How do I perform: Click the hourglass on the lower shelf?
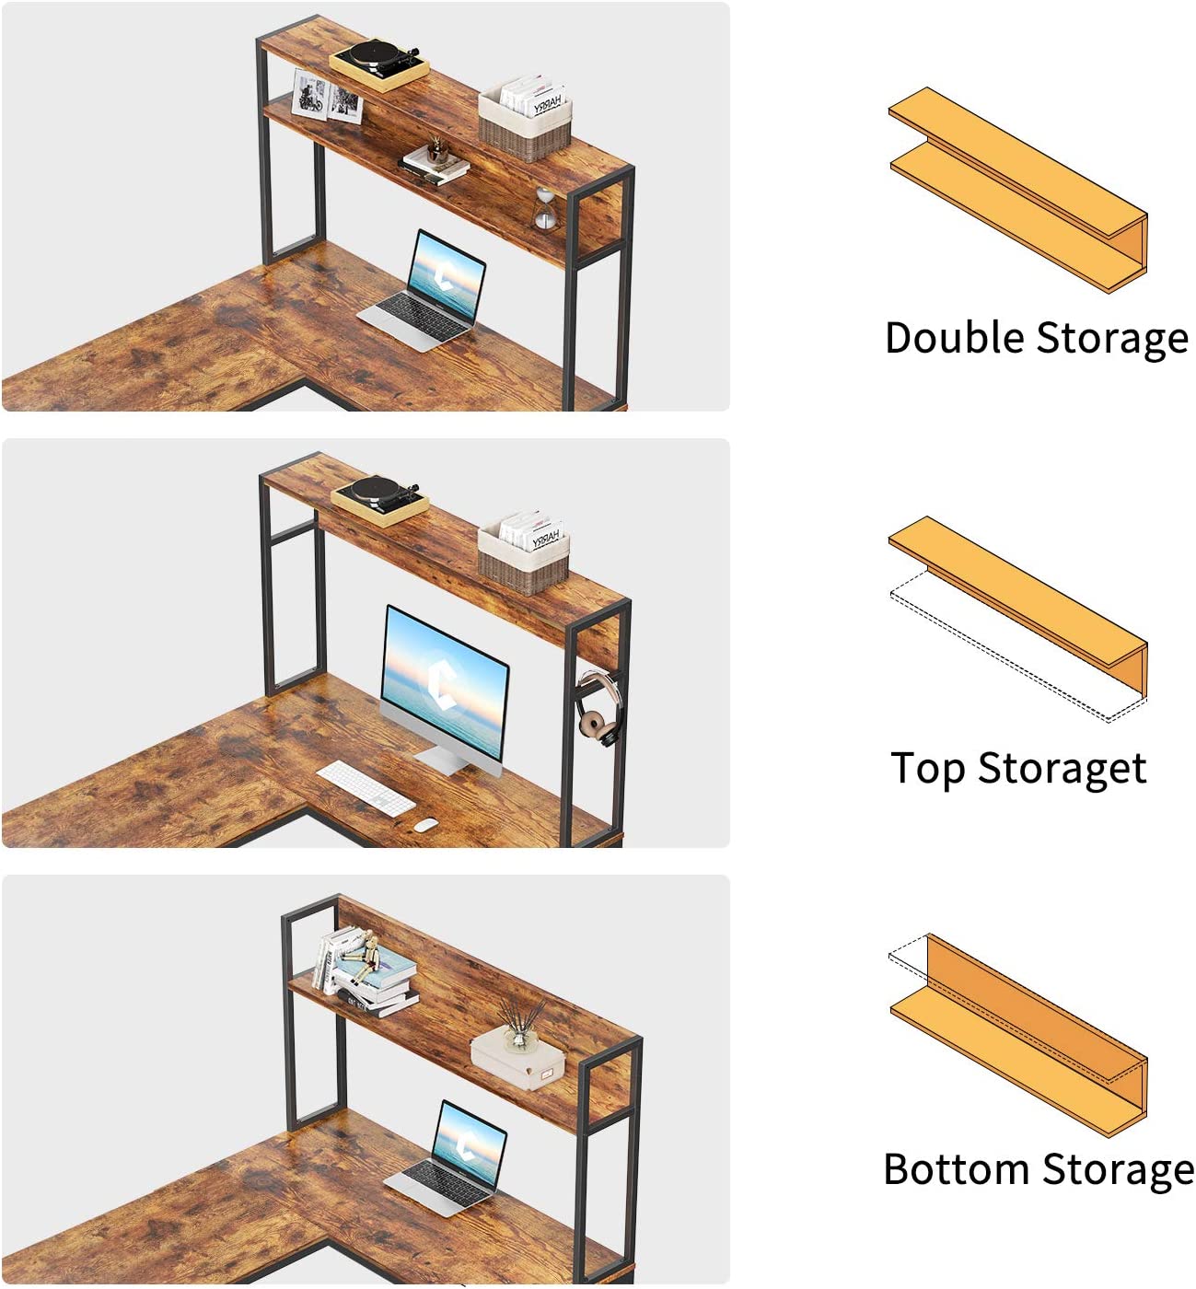pos(545,209)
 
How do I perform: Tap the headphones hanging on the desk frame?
pos(598,709)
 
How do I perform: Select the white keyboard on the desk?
pos(366,788)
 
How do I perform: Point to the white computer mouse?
pos(425,824)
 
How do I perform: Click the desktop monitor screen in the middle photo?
pos(444,680)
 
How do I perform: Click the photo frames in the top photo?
pos(327,96)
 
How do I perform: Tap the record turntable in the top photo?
pos(379,64)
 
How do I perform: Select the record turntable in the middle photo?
pos(380,500)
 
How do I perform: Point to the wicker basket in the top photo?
pos(526,118)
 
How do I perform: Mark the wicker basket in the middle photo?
pos(524,553)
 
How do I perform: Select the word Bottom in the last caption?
pos(958,1169)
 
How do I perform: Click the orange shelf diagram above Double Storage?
pos(1018,190)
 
